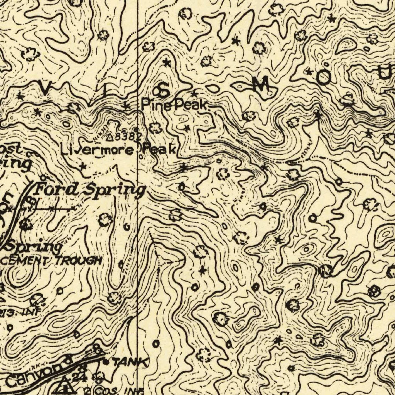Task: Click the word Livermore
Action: point(98,149)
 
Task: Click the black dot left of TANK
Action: point(106,362)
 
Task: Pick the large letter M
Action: point(261,84)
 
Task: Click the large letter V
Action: point(45,89)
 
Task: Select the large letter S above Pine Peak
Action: point(162,91)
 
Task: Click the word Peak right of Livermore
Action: point(159,149)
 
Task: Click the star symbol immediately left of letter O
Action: point(309,71)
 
